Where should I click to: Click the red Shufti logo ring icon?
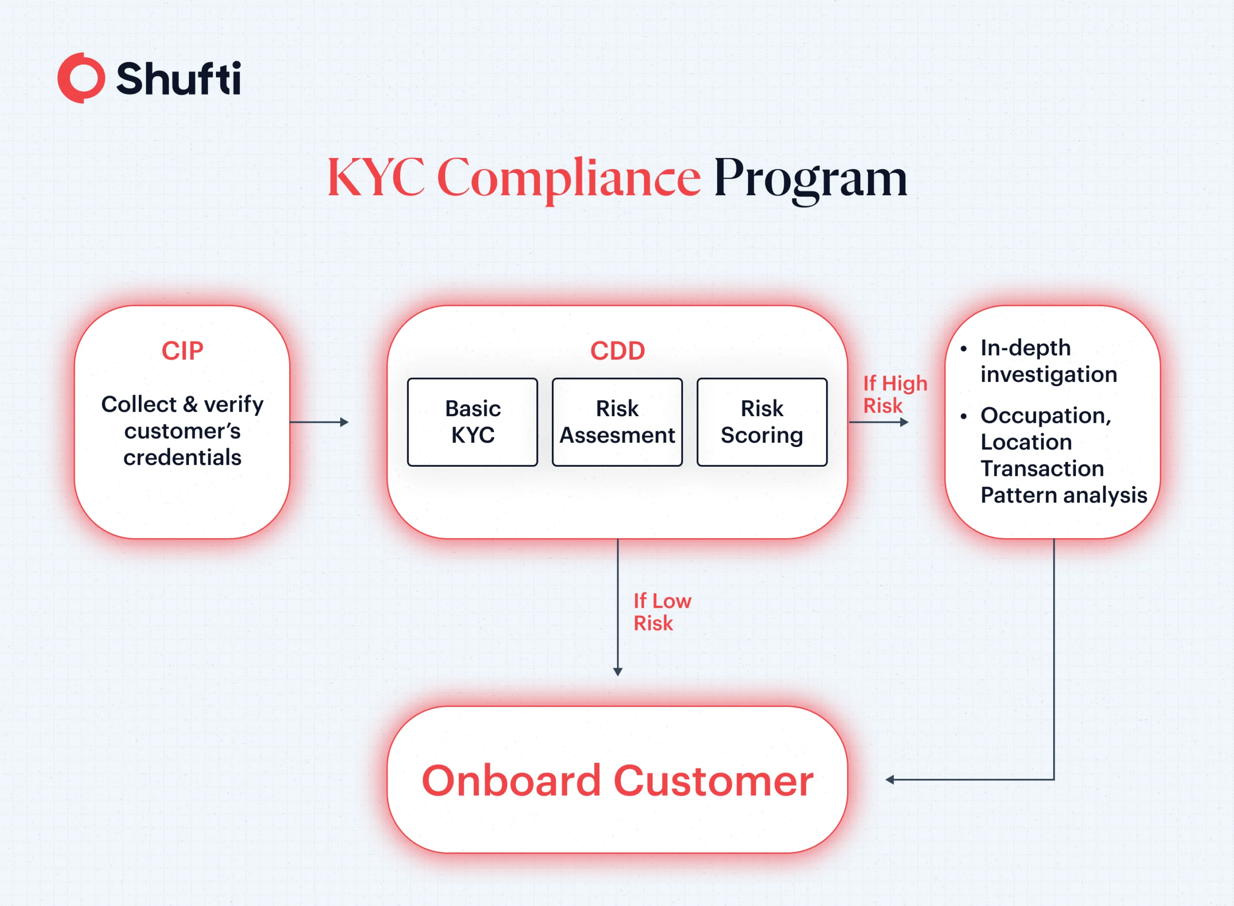(81, 78)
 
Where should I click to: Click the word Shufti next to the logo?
(178, 79)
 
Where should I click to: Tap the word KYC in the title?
(376, 177)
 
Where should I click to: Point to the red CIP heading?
(182, 351)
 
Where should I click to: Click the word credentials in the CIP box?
(182, 458)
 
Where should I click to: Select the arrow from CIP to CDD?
(319, 422)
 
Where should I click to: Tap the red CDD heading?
(617, 351)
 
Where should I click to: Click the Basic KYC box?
(472, 422)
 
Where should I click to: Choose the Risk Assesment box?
(617, 422)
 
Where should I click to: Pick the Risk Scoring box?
(762, 422)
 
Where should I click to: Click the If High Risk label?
(894, 394)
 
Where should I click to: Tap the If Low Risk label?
(661, 612)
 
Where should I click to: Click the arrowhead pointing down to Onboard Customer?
(617, 671)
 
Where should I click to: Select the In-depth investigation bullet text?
(1047, 361)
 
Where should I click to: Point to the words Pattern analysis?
(1063, 495)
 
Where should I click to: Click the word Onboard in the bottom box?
(511, 780)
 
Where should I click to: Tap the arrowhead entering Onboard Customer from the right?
(890, 779)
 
